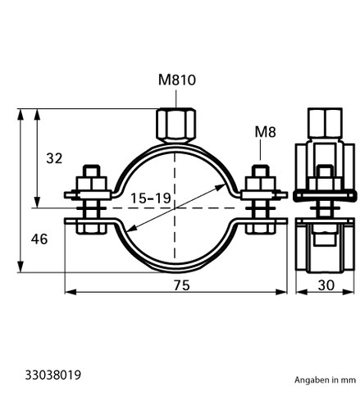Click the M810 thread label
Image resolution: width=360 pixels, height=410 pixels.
point(177,80)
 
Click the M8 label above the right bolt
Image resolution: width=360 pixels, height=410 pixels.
point(265,132)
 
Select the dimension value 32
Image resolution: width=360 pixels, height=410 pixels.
point(54,158)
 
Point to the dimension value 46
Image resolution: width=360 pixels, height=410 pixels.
point(39,239)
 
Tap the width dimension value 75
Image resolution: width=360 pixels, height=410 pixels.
point(181,285)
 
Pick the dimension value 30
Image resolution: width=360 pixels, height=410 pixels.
point(326,285)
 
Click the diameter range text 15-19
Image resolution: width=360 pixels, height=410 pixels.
point(151,198)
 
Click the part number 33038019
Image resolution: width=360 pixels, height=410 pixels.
point(53,375)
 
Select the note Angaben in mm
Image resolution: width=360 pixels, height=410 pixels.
point(325,380)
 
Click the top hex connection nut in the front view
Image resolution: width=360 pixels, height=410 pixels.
point(176,125)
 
